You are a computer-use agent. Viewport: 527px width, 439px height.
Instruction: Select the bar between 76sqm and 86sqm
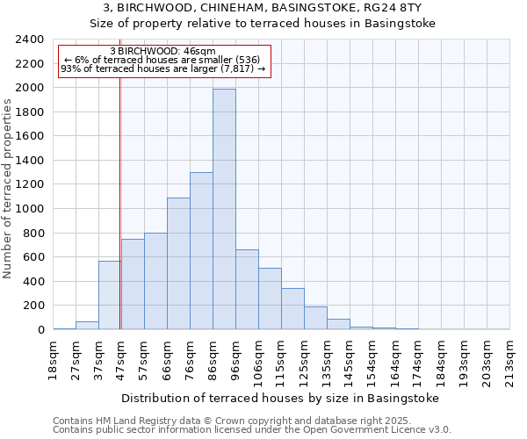tap(201, 251)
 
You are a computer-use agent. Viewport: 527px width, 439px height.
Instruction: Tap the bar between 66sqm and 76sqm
tap(178, 263)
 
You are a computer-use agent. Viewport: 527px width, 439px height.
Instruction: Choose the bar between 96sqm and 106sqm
tap(247, 290)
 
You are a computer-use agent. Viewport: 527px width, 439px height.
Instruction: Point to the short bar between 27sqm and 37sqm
tap(87, 325)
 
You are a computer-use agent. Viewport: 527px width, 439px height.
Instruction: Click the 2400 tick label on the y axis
tap(30, 40)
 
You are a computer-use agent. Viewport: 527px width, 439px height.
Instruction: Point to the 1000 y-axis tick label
tap(30, 209)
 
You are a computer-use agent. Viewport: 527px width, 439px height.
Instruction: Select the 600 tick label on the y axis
tap(33, 257)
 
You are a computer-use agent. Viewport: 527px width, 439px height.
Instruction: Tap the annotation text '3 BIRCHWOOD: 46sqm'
tap(163, 52)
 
